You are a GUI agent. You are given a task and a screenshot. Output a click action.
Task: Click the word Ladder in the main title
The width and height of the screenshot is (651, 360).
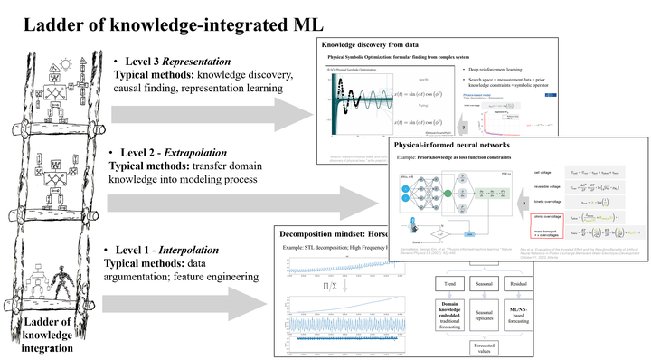(47, 20)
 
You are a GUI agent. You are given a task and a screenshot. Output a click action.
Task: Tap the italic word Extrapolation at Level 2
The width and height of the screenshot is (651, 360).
(213, 152)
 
